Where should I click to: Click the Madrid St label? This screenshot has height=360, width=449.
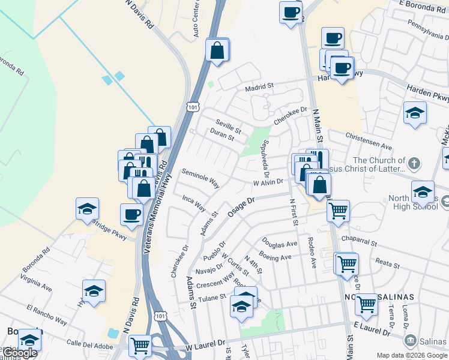(x=259, y=86)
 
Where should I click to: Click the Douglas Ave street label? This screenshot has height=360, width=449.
(x=279, y=244)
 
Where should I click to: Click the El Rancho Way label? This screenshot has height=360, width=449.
(x=46, y=314)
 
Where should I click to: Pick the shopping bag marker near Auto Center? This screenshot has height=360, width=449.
(x=217, y=50)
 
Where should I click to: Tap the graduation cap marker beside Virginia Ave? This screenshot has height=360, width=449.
(x=94, y=291)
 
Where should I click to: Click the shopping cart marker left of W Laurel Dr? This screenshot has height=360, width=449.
(x=140, y=346)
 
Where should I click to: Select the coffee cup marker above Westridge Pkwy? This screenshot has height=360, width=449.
(x=132, y=214)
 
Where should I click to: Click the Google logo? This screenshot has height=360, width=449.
(x=19, y=353)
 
